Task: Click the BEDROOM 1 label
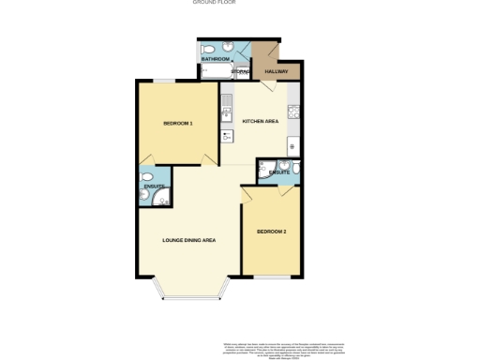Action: coord(178,123)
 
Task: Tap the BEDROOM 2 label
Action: coord(272,231)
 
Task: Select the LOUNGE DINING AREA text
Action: coord(189,241)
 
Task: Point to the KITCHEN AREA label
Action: coord(261,122)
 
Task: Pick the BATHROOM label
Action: coord(215,59)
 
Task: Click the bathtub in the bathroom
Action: coord(215,71)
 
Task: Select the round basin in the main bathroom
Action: coord(230,47)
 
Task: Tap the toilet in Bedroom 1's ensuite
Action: coord(144,176)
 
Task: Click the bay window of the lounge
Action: coord(194,298)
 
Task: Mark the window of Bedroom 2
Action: coord(272,277)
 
